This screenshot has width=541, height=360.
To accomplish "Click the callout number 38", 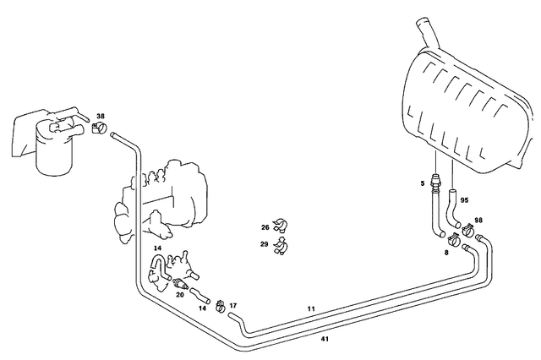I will coord(101,116).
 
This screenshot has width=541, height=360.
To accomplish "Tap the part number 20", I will coord(179,295).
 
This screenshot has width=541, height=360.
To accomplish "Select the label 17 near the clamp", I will coord(233,305).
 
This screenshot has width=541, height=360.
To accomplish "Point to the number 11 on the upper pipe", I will coord(311,310).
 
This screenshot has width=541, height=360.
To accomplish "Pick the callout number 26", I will coord(265,226).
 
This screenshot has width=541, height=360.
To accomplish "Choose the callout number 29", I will coord(265,244).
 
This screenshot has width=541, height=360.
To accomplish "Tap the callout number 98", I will coord(478,220).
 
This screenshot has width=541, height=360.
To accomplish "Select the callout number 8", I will coord(447,251).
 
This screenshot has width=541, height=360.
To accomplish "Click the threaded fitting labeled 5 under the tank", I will coord(436,180).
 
